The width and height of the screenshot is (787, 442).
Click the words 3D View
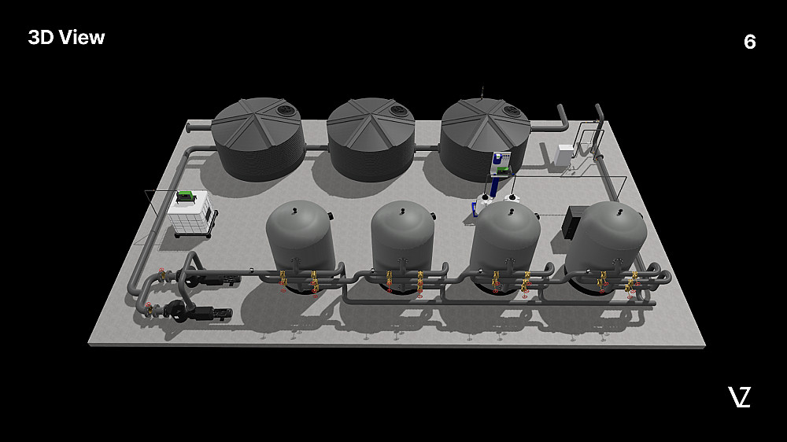pos(66,37)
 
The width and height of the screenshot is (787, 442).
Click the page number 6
pos(749,42)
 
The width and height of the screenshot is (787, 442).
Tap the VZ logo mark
pos(739,397)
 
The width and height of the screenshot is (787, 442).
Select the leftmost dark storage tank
pos(258,139)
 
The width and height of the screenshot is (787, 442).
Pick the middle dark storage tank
pos(371,139)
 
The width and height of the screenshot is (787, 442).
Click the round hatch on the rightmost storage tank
pos(512,109)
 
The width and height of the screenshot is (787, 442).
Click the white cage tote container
pos(191,214)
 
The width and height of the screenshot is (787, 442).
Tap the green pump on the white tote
pos(187,196)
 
